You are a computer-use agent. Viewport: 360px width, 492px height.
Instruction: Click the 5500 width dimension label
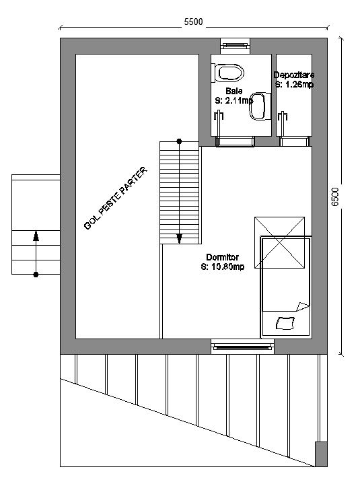pos(193,22)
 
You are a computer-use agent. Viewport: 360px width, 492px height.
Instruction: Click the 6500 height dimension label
pos(335,197)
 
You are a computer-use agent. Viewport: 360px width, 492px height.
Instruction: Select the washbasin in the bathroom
pos(260,106)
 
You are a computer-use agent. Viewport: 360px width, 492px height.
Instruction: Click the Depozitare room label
pos(294,75)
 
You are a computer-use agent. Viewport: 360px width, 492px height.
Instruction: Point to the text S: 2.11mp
pos(234,100)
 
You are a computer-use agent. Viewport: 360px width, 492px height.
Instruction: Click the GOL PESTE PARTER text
pos(115,199)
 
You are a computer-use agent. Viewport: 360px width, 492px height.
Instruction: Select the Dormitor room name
pos(222,257)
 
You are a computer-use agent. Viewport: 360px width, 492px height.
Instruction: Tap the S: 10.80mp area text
pos(222,267)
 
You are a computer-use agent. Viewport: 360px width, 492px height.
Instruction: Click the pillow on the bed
pos(285,324)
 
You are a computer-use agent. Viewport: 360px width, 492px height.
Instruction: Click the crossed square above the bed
pos(279,242)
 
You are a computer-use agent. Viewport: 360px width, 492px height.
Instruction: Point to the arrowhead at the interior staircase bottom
pos(179,239)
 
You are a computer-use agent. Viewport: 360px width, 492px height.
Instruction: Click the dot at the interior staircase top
pos(179,141)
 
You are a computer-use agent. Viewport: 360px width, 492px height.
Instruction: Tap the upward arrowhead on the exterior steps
pos(36,236)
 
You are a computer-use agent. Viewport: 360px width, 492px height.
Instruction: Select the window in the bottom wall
pos(242,347)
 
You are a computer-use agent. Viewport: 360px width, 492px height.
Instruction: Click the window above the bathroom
pos(236,46)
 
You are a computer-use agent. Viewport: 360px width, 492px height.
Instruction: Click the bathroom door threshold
pos(235,141)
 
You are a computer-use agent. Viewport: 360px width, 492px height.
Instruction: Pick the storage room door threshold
pos(294,141)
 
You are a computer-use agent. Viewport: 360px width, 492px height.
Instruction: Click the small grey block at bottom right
pos(321,454)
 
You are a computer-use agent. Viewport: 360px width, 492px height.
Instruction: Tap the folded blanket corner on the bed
pos(303,306)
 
